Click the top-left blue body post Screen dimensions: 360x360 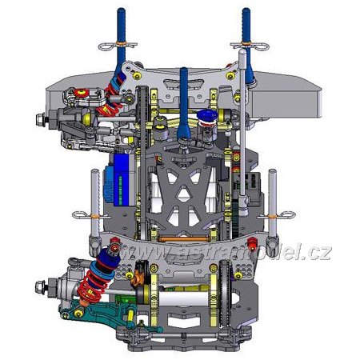pyautogui.click(x=121, y=40)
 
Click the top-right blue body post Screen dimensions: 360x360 pyautogui.click(x=247, y=42)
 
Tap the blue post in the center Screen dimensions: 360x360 pyautogui.click(x=184, y=102)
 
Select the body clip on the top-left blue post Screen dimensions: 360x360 pyautogui.click(x=118, y=46)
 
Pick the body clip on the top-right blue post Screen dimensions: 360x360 pyautogui.click(x=250, y=46)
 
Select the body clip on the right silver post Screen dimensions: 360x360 pyautogui.click(x=278, y=214)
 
